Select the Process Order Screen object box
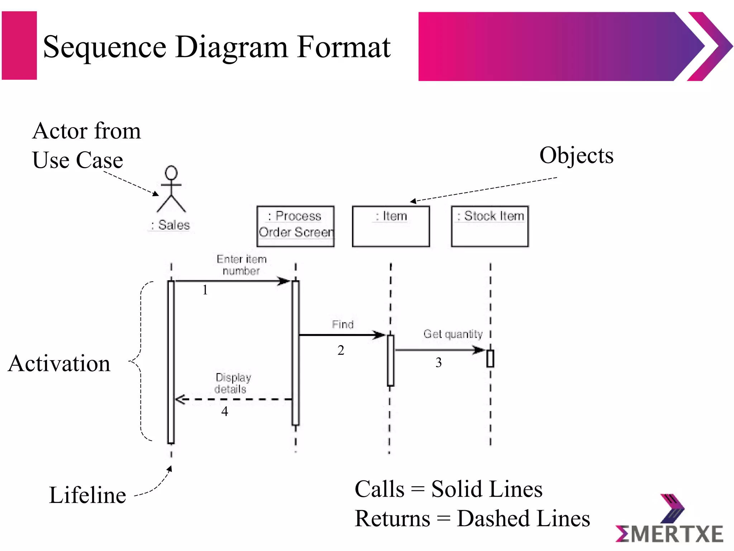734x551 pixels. (x=295, y=226)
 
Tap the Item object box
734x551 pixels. (x=391, y=226)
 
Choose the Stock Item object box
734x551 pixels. (x=490, y=226)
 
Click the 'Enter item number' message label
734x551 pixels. (x=241, y=265)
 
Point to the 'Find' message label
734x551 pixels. (x=343, y=324)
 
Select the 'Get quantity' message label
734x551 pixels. (x=453, y=334)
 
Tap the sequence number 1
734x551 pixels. (x=205, y=289)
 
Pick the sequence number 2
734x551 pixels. (x=341, y=350)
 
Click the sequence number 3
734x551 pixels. (x=439, y=362)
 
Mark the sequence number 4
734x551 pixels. (x=225, y=411)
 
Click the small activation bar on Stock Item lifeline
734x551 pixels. (x=490, y=358)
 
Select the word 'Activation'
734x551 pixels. (x=59, y=363)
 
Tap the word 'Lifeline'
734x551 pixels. (x=87, y=495)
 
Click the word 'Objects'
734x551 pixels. (x=576, y=156)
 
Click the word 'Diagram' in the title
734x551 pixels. (x=232, y=47)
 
